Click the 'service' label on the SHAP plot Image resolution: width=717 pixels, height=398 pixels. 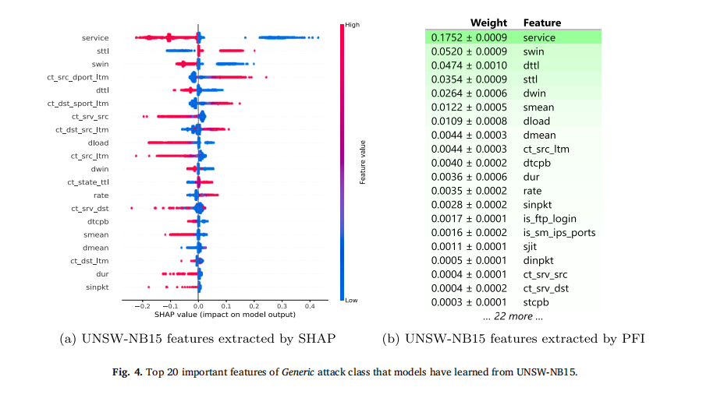pyautogui.click(x=95, y=37)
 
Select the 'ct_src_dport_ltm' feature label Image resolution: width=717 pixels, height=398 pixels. pyautogui.click(x=78, y=77)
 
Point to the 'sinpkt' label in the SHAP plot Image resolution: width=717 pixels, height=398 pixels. pyautogui.click(x=96, y=287)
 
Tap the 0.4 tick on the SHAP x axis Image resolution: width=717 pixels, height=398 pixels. pyautogui.click(x=309, y=307)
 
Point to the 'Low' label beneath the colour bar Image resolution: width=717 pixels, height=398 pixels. pyautogui.click(x=350, y=301)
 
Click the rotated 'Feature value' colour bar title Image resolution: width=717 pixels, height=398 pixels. pyautogui.click(x=364, y=162)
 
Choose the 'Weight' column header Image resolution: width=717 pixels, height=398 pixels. pyautogui.click(x=489, y=23)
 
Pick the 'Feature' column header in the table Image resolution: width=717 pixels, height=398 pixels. pyautogui.click(x=541, y=23)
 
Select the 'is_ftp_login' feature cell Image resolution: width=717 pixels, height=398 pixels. pyautogui.click(x=549, y=218)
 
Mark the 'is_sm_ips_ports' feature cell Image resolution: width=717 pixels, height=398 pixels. pyautogui.click(x=559, y=232)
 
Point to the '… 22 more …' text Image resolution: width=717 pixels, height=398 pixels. pyautogui.click(x=513, y=316)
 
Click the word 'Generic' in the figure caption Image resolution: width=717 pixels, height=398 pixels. pyautogui.click(x=302, y=373)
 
